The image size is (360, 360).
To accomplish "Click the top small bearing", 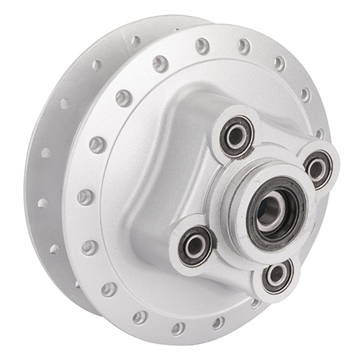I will coord(236,135).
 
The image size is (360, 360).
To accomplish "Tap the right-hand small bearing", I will coord(318,168).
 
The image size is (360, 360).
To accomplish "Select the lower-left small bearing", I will coord(195,245).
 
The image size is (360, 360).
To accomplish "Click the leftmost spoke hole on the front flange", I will coord(85,197).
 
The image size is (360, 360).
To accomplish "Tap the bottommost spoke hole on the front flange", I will coord(178,328).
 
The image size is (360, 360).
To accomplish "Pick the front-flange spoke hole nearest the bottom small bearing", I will coord(256,303).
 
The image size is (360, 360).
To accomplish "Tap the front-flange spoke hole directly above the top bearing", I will coord(243,47).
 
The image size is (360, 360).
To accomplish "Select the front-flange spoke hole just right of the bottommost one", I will coord(218,323).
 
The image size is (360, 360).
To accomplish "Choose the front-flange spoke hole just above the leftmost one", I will coord(96,145).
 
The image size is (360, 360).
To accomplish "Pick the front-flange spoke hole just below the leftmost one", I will coord(89,247).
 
